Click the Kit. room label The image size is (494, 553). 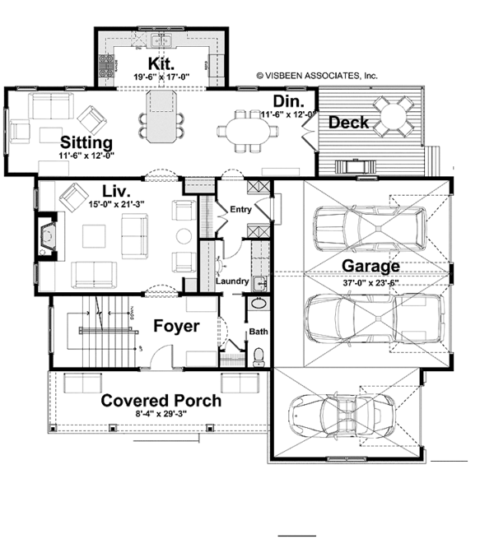[159, 64]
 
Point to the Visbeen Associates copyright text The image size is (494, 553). [316, 74]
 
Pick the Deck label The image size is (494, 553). [348, 123]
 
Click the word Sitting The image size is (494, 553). [86, 141]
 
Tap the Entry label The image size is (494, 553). [241, 210]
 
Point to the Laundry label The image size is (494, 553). [232, 281]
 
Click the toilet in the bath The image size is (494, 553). [259, 355]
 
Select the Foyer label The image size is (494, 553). [176, 327]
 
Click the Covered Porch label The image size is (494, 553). [161, 401]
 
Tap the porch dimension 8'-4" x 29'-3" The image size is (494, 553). [161, 417]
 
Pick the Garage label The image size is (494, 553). [371, 266]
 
